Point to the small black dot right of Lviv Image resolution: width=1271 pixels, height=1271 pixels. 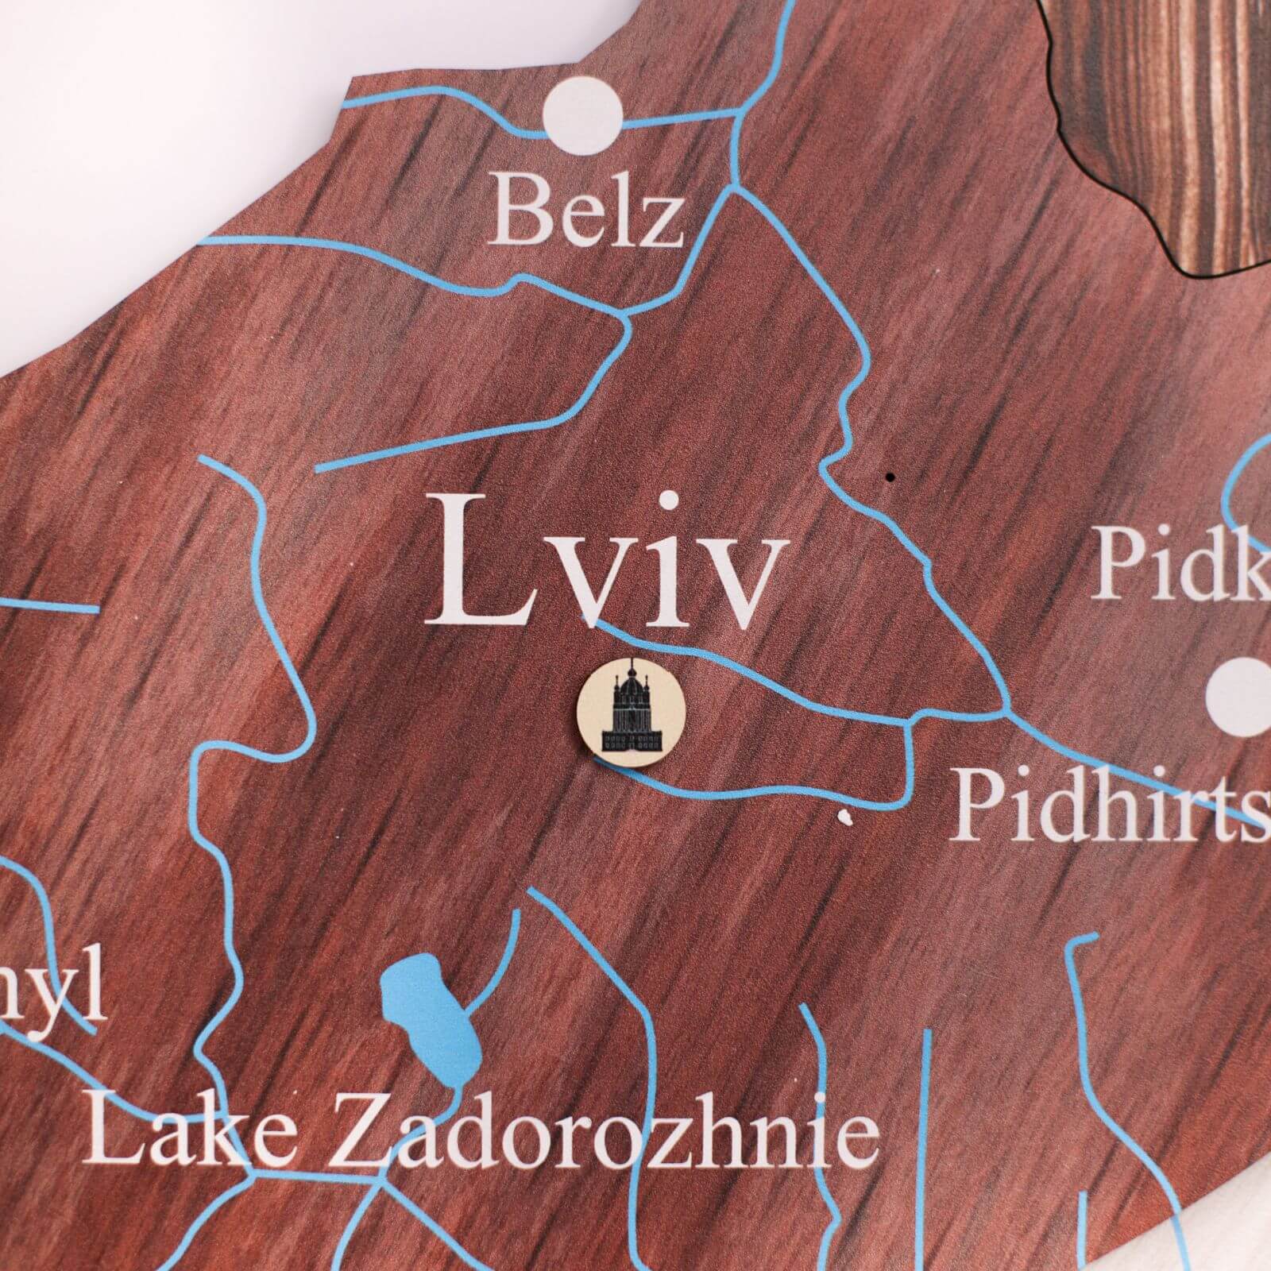(x=890, y=477)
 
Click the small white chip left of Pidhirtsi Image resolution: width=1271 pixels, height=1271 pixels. (x=845, y=814)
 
